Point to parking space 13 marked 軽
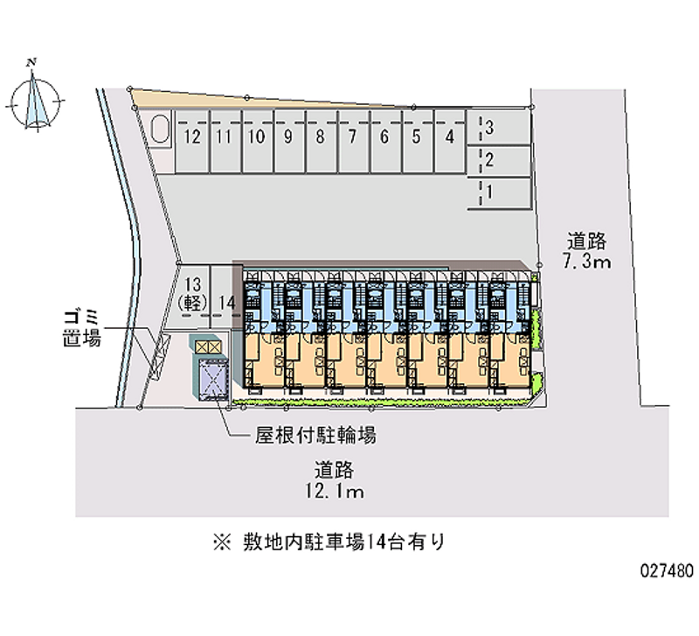(x=193, y=292)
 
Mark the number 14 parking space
(x=227, y=303)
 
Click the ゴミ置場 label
(x=80, y=326)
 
